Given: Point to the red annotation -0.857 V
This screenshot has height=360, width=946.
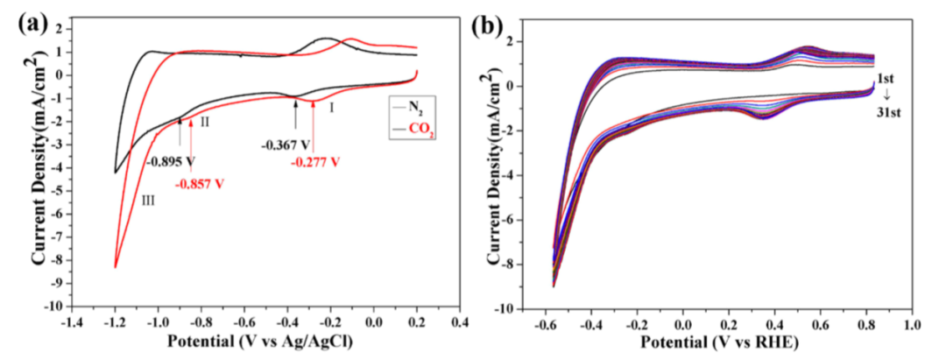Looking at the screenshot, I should point(202,184).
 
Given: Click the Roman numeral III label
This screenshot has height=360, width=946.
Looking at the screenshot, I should point(150,201).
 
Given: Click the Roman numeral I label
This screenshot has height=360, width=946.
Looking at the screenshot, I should point(332,107).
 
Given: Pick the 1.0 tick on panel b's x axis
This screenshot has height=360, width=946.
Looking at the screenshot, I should point(913,321).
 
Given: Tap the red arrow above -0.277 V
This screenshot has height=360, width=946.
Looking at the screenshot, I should point(313,137).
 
